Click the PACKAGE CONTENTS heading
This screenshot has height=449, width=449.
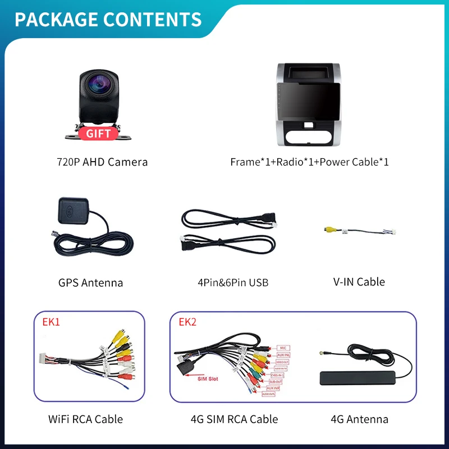click(x=108, y=19)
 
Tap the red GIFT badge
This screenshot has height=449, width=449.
click(x=98, y=134)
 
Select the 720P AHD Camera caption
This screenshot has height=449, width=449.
click(x=102, y=162)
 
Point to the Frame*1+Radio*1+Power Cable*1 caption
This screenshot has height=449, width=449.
click(x=309, y=162)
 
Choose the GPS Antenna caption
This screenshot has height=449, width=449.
click(x=90, y=282)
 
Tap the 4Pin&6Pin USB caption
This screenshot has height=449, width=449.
click(x=233, y=282)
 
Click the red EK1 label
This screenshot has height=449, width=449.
click(x=51, y=322)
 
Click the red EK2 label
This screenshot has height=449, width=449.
click(x=187, y=322)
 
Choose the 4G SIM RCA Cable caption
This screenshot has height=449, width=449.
click(x=235, y=419)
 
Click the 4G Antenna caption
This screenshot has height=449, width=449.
click(x=359, y=419)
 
